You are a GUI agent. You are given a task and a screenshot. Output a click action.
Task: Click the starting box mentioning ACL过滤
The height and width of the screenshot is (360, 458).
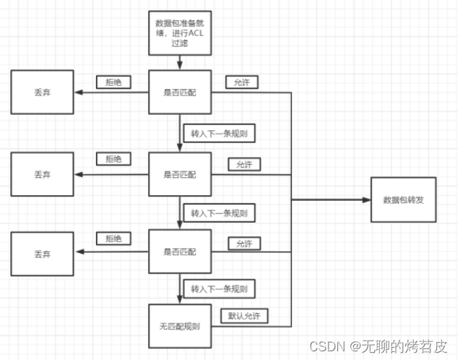pyautogui.click(x=180, y=33)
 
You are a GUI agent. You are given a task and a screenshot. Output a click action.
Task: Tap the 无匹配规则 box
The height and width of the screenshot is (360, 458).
pyautogui.click(x=180, y=325)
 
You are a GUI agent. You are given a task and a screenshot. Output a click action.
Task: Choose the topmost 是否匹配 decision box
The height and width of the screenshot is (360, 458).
pyautogui.click(x=180, y=92)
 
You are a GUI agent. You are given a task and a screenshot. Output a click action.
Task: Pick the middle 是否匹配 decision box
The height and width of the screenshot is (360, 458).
pyautogui.click(x=180, y=174)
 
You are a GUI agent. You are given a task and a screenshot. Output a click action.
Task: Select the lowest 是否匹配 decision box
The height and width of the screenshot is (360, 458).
pyautogui.click(x=180, y=252)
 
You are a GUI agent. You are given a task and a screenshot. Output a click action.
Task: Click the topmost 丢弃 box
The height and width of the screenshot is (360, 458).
pyautogui.click(x=42, y=92)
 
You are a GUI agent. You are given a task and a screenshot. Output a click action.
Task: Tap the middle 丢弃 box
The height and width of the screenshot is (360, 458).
pyautogui.click(x=42, y=174)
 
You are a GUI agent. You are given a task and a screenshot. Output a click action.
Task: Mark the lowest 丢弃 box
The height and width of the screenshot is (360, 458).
pyautogui.click(x=42, y=254)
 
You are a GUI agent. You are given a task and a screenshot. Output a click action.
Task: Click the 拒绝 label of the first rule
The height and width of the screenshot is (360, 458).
pyautogui.click(x=114, y=82)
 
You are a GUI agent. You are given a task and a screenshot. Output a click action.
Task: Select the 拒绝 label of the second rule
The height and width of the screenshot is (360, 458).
pyautogui.click(x=114, y=158)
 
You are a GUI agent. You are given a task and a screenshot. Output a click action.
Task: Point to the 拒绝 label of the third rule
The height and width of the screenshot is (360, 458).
pyautogui.click(x=114, y=238)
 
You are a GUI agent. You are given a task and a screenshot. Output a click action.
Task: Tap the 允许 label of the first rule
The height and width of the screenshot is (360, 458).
pyautogui.click(x=243, y=82)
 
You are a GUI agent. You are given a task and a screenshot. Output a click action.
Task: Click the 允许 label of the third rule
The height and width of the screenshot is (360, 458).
pyautogui.click(x=244, y=244)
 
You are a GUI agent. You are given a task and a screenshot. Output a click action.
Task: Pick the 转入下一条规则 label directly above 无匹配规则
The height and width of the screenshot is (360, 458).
pyautogui.click(x=219, y=288)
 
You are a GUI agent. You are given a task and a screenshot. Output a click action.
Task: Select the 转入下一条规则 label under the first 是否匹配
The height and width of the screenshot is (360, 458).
pyautogui.click(x=219, y=133)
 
